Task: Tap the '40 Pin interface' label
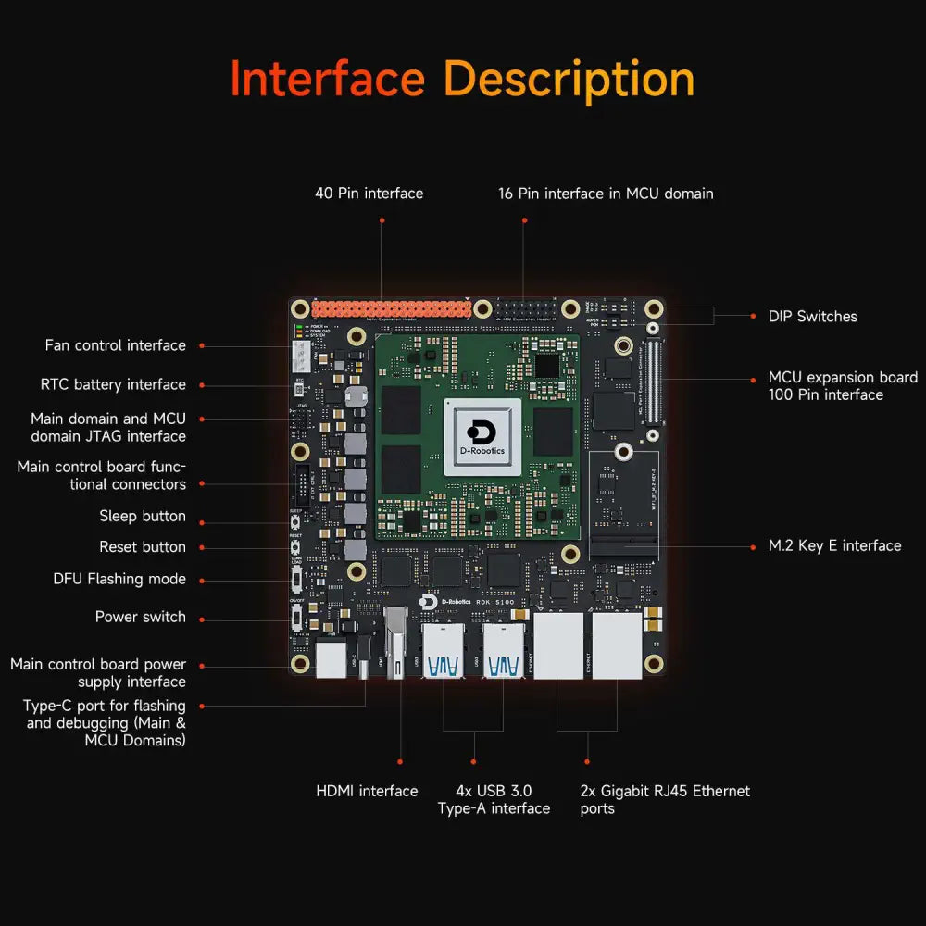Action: pyautogui.click(x=369, y=194)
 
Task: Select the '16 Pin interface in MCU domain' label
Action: pyautogui.click(x=606, y=194)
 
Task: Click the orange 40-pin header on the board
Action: pyautogui.click(x=389, y=309)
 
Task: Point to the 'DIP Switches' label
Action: pyautogui.click(x=812, y=317)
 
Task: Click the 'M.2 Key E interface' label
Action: pyautogui.click(x=834, y=546)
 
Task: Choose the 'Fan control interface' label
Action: pyautogui.click(x=116, y=345)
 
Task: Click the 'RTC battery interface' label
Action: pyautogui.click(x=113, y=384)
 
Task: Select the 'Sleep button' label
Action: pyautogui.click(x=143, y=517)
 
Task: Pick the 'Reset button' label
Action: pyautogui.click(x=143, y=547)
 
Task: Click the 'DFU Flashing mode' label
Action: pyautogui.click(x=119, y=580)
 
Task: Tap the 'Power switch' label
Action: pyautogui.click(x=141, y=617)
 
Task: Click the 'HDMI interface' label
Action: pyautogui.click(x=367, y=792)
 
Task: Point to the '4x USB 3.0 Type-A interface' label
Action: pyautogui.click(x=494, y=800)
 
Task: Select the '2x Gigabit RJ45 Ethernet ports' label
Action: pyautogui.click(x=665, y=800)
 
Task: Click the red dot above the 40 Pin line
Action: pyautogui.click(x=382, y=220)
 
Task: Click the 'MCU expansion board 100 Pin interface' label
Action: pyautogui.click(x=843, y=386)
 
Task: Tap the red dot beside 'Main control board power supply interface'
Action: pyautogui.click(x=202, y=665)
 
